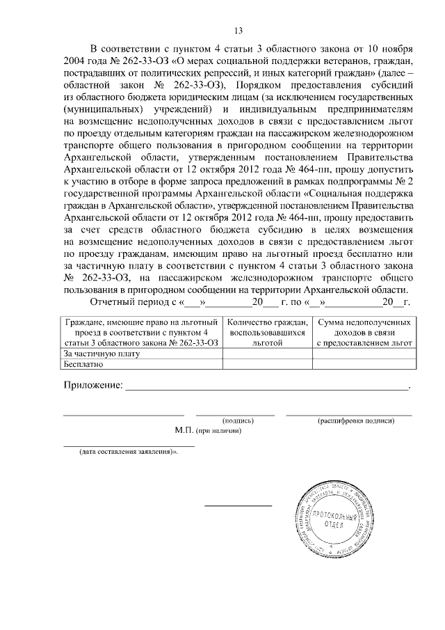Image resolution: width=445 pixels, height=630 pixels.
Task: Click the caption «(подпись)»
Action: tap(237, 421)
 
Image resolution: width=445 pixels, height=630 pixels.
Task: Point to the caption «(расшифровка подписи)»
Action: tap(356, 421)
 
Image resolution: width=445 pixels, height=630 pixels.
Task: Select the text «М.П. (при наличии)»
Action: tap(208, 431)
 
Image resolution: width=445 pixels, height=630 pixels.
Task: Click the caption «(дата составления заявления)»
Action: tap(127, 451)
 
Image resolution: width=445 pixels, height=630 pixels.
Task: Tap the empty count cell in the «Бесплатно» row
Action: tap(267, 363)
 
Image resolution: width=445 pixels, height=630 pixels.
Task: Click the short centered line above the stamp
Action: tap(238, 505)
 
